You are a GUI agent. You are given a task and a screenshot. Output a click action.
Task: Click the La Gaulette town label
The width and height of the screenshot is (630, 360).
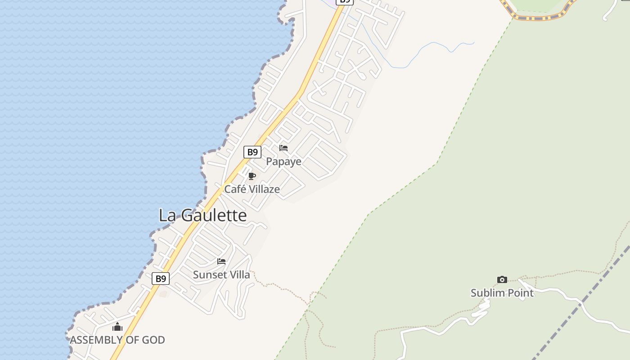tap(202, 216)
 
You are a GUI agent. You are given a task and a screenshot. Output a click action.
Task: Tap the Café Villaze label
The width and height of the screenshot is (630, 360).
tap(252, 189)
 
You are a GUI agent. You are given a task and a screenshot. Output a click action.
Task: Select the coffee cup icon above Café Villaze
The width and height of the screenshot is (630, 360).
tap(252, 176)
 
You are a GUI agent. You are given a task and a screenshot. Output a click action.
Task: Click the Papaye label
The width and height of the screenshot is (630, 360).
tap(283, 162)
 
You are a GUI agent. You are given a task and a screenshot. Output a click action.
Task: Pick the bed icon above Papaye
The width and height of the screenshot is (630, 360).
tap(283, 148)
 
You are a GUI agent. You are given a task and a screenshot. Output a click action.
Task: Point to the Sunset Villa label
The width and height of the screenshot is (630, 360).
tap(221, 274)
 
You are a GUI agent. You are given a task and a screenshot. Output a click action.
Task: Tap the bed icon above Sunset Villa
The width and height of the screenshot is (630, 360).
tap(221, 261)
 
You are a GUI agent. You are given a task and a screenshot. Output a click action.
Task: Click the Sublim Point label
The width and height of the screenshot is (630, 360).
tap(502, 293)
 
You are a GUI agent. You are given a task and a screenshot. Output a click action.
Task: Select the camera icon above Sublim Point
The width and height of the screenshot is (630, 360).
tap(502, 279)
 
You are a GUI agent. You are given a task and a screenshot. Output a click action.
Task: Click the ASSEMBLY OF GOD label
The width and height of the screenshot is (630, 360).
tap(117, 340)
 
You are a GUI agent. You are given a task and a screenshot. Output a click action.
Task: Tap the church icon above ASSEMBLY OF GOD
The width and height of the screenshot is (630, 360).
tap(117, 327)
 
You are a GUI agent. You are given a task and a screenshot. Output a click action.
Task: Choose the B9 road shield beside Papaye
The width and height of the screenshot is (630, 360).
tap(252, 152)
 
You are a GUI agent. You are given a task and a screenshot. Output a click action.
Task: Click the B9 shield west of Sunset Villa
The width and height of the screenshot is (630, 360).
tap(161, 279)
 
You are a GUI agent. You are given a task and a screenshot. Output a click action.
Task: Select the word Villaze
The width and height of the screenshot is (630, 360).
tap(265, 189)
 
